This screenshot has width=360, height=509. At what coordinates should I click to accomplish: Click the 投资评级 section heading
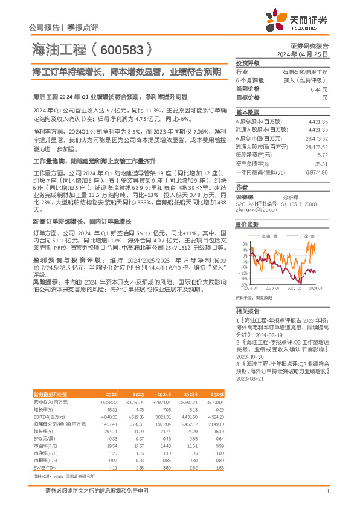247,63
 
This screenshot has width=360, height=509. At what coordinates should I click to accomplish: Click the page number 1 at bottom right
327,491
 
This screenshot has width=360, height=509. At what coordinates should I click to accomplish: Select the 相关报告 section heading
247,310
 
